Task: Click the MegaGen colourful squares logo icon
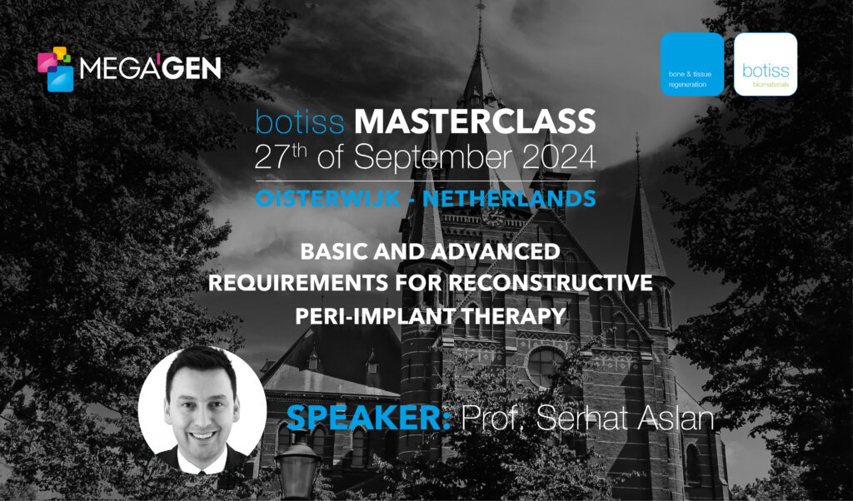[55, 69]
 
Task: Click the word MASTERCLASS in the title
[475, 122]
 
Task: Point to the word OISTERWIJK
[328, 199]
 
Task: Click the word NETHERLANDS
[509, 199]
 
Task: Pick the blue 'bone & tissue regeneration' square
[692, 64]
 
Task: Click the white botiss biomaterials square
[766, 64]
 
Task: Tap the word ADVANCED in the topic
[496, 251]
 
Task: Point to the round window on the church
[545, 367]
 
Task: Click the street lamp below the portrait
[297, 469]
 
